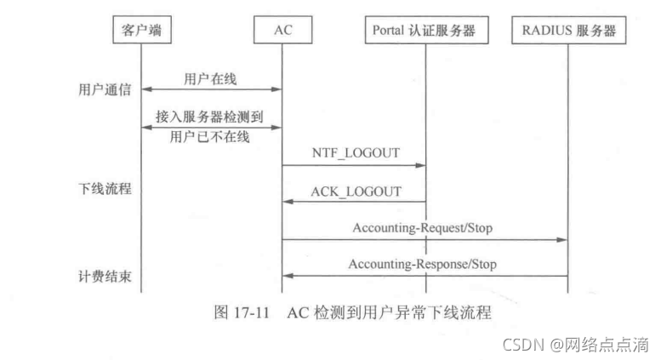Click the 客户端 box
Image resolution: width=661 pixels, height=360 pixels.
click(x=141, y=31)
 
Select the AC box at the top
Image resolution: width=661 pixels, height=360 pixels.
click(x=282, y=31)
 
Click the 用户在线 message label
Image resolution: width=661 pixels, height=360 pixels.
click(x=210, y=79)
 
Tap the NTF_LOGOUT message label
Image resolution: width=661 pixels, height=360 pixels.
click(x=356, y=154)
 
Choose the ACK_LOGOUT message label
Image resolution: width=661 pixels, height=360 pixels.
click(x=356, y=191)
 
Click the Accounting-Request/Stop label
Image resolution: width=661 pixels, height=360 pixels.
click(x=422, y=228)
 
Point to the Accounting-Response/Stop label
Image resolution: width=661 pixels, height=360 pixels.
click(x=422, y=265)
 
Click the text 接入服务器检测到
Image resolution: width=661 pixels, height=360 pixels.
click(x=210, y=117)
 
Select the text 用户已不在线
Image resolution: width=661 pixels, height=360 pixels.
click(x=210, y=136)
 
